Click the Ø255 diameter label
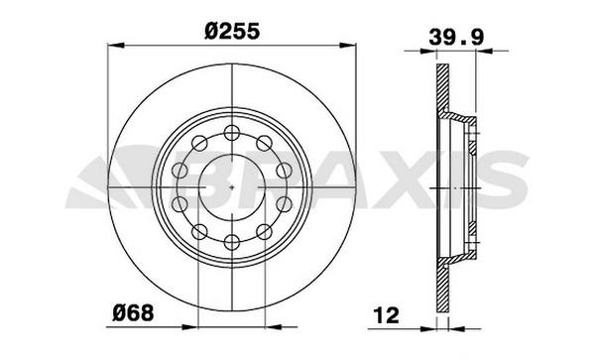[x=232, y=31]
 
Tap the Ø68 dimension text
[x=133, y=313]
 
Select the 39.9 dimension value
[x=456, y=38]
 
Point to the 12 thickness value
[x=387, y=315]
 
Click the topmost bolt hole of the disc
[x=232, y=132]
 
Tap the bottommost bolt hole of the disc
[x=232, y=242]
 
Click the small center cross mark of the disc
[x=232, y=187]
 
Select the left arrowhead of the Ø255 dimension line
[x=116, y=46]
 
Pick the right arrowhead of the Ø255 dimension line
[x=348, y=46]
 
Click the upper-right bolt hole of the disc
[x=264, y=143]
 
